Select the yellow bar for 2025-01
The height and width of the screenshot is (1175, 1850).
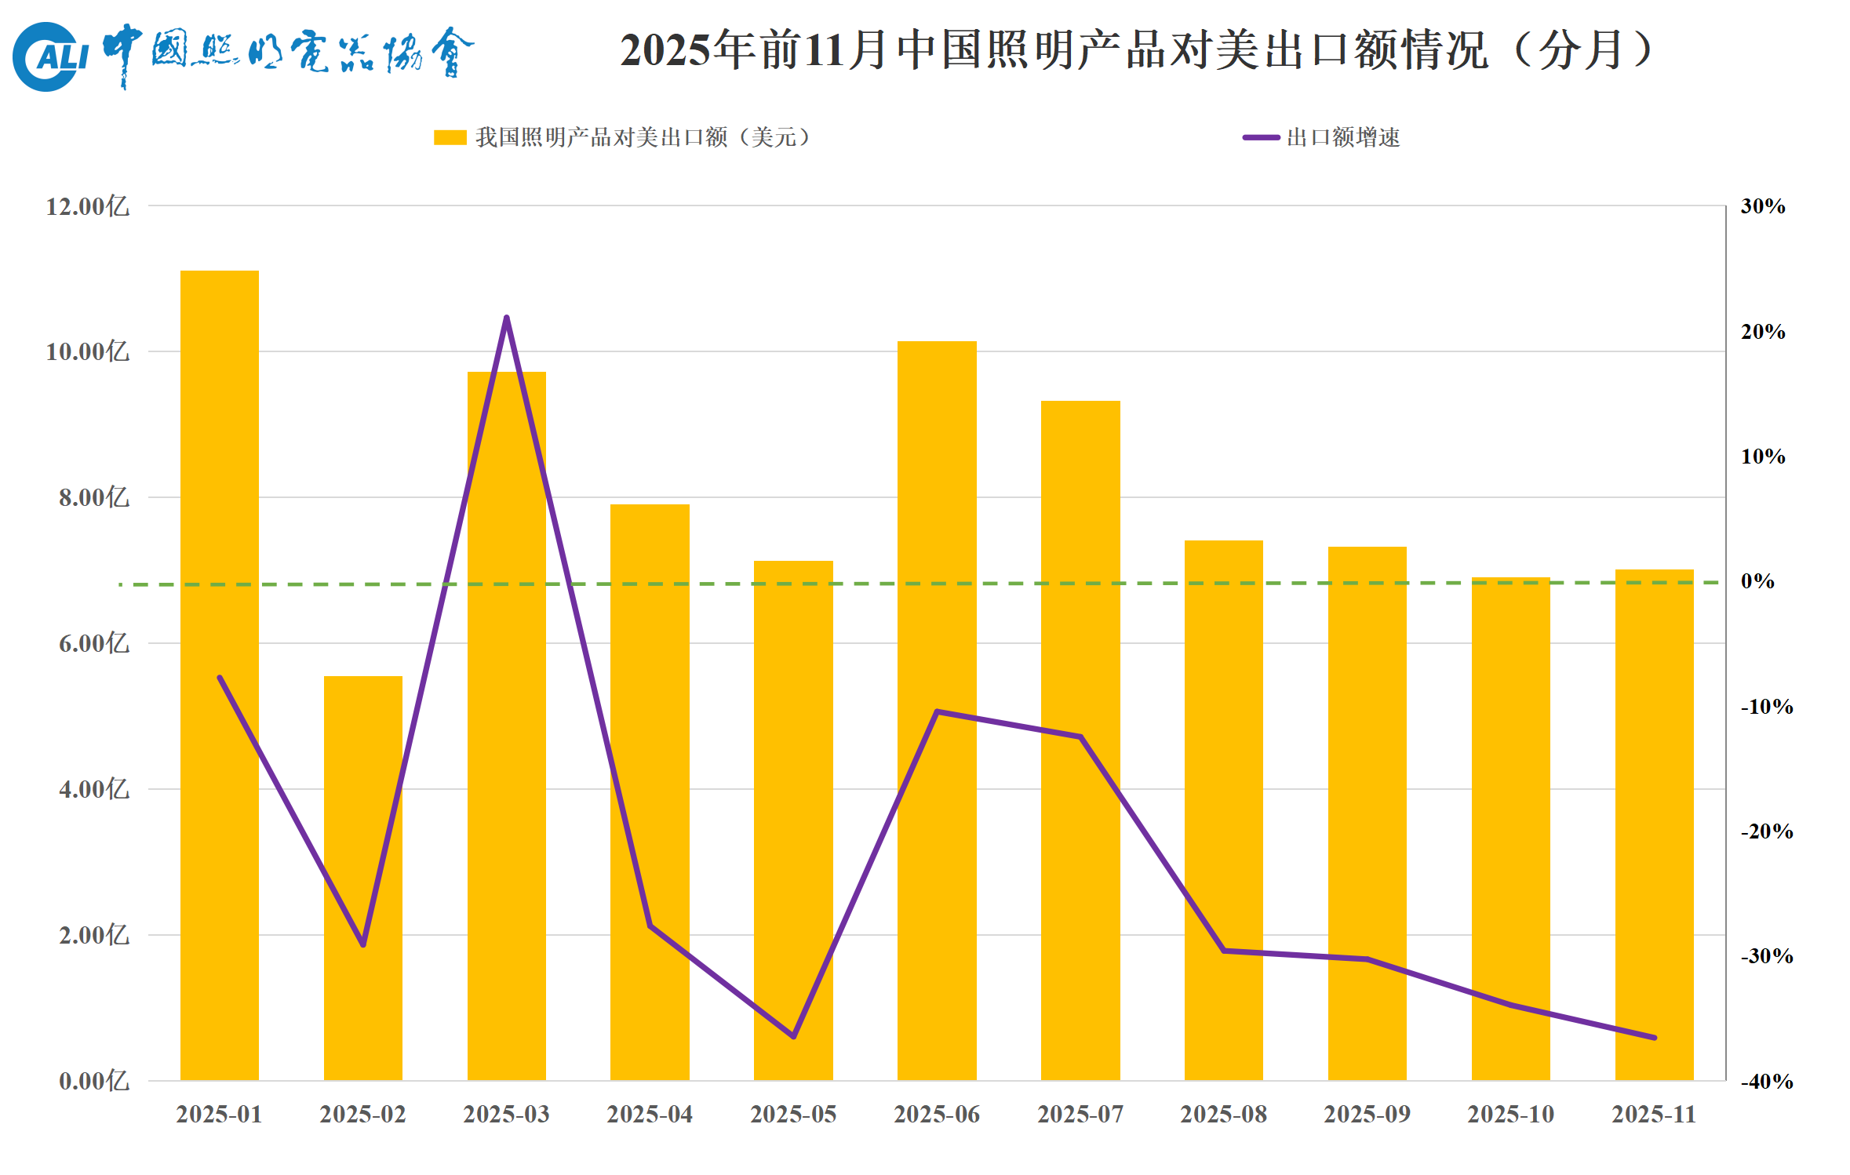(220, 675)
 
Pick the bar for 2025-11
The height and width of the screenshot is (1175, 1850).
(1654, 824)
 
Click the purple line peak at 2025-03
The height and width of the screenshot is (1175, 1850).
(507, 318)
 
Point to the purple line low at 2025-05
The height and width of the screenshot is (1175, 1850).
(794, 1036)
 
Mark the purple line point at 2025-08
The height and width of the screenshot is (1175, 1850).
(1224, 951)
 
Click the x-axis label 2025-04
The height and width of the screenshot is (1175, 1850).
(650, 1114)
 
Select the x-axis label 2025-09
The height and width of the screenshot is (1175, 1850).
(1367, 1114)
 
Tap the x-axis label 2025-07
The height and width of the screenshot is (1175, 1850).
(1080, 1114)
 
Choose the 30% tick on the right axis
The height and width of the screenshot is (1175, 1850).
(1763, 206)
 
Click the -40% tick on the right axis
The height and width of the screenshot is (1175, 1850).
(1767, 1082)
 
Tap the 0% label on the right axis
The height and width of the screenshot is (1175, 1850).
(1757, 581)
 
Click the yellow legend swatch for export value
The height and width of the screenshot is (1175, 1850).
(450, 137)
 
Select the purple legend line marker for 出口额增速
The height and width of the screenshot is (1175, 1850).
(1261, 137)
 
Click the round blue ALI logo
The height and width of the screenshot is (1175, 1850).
(47, 56)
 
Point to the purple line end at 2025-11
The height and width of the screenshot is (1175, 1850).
(1655, 1038)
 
